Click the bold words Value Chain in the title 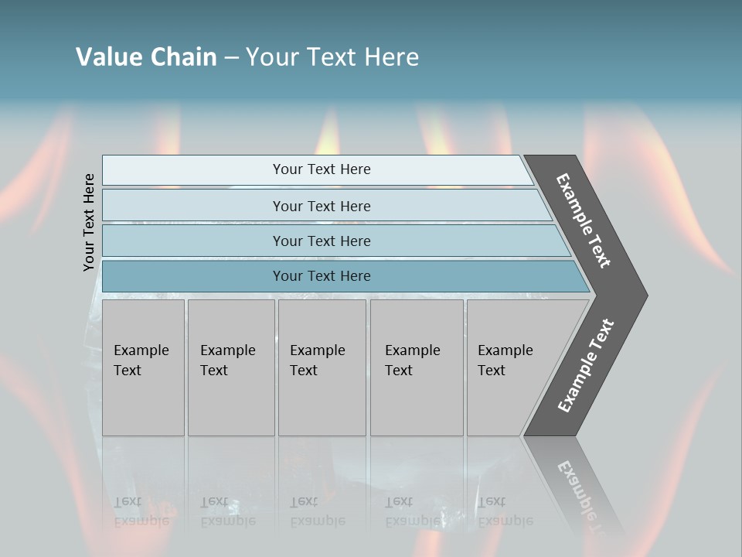click(x=146, y=57)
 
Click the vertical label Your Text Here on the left click(x=89, y=222)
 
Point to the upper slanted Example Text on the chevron click(x=584, y=220)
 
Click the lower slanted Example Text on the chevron click(x=585, y=366)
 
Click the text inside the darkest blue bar click(x=322, y=276)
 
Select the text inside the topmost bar click(x=322, y=169)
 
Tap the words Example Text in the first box click(x=141, y=361)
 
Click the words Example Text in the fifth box click(x=505, y=361)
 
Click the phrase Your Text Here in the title click(x=332, y=57)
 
